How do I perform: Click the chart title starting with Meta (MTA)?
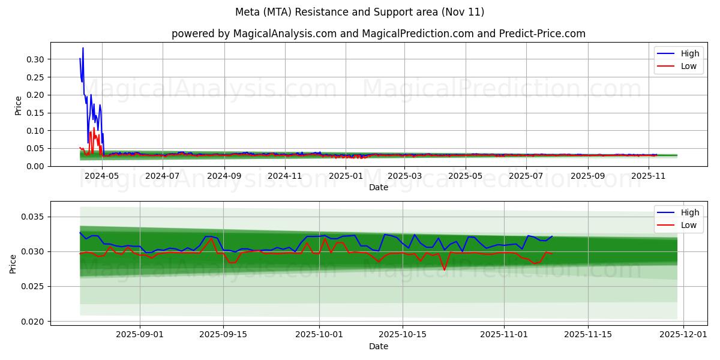coord(359,12)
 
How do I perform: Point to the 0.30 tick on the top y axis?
coord(35,59)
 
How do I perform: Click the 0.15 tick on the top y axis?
coord(35,113)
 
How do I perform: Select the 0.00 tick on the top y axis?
coord(35,166)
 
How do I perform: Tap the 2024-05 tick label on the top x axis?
coord(102,176)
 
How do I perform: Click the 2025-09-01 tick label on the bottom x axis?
coord(140,335)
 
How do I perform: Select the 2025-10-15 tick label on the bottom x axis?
coord(402,335)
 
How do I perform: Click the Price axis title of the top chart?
coord(18,105)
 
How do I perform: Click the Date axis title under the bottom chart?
coord(378,346)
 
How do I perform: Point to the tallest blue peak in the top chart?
coord(83,48)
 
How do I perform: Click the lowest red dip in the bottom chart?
coord(444,270)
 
